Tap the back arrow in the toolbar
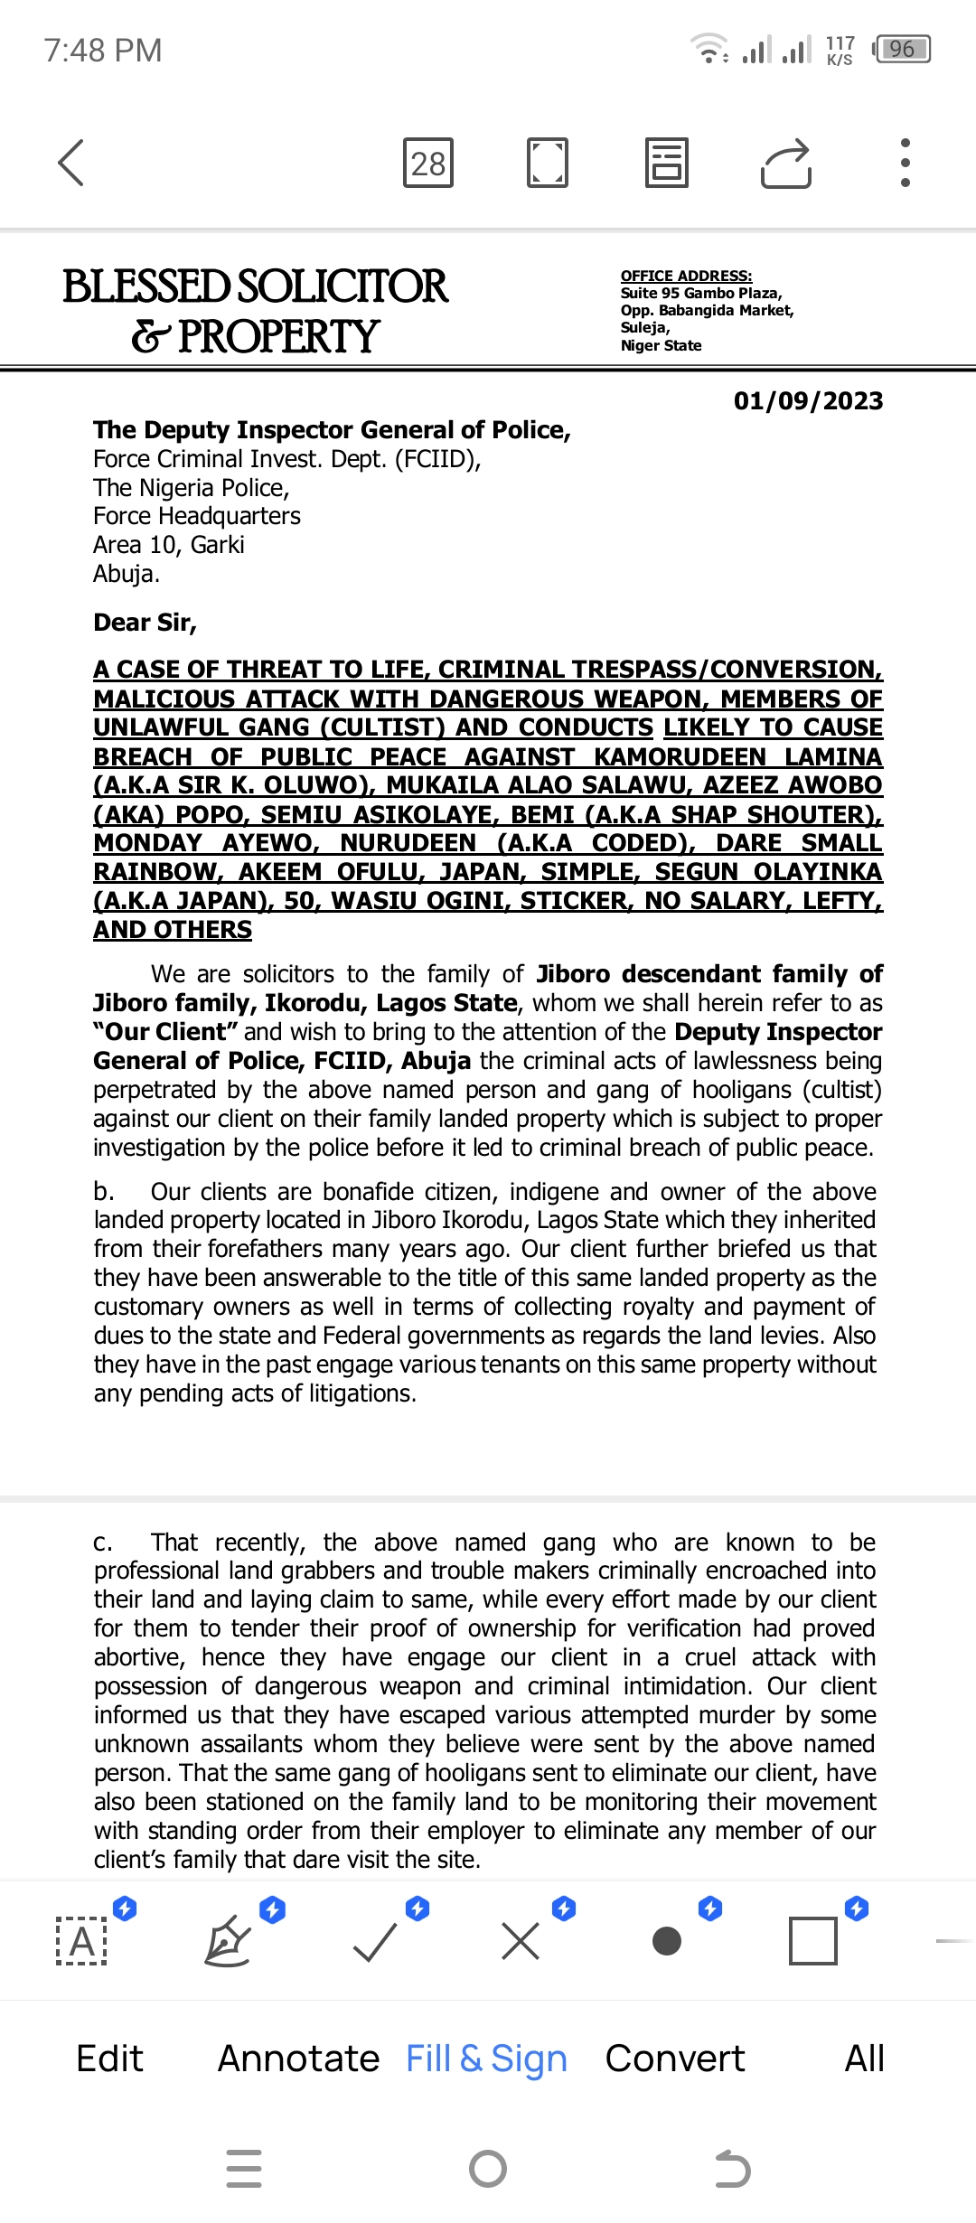coord(70,163)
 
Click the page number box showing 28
coord(428,164)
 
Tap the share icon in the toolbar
coord(786,164)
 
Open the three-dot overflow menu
coord(906,163)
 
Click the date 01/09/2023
coord(808,401)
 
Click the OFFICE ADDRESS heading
coord(686,276)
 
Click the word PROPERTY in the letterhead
coord(278,337)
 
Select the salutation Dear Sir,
coord(145,623)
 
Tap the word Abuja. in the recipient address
coord(127,574)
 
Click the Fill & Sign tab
coord(486,2058)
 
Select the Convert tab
coord(675,2058)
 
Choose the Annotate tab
coord(298,2058)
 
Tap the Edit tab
coord(109,2058)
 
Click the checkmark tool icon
coord(375,1941)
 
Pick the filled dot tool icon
coord(667,1941)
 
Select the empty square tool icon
coord(813,1941)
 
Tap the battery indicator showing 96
coord(902,49)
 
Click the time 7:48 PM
coord(103,51)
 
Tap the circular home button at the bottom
coord(488,2168)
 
